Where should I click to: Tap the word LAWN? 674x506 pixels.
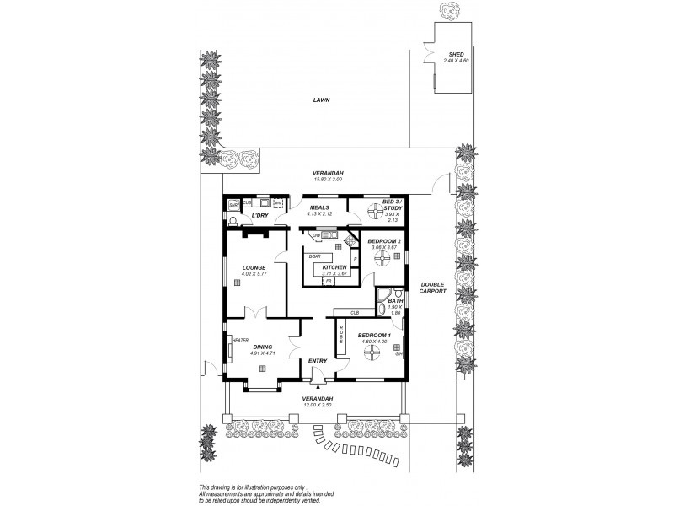click(x=321, y=100)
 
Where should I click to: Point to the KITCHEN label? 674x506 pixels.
click(x=334, y=267)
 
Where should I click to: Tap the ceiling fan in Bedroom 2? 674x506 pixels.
click(x=385, y=257)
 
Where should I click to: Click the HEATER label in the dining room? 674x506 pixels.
click(x=238, y=341)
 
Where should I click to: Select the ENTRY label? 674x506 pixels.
click(x=317, y=361)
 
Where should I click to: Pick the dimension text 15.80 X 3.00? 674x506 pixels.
click(x=329, y=180)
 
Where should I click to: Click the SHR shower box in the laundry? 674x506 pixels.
click(x=233, y=203)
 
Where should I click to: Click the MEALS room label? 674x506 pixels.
click(x=319, y=207)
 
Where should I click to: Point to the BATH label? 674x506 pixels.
click(x=395, y=299)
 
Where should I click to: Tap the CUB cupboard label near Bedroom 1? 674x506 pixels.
click(x=356, y=313)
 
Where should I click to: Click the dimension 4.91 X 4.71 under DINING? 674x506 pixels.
click(x=263, y=353)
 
